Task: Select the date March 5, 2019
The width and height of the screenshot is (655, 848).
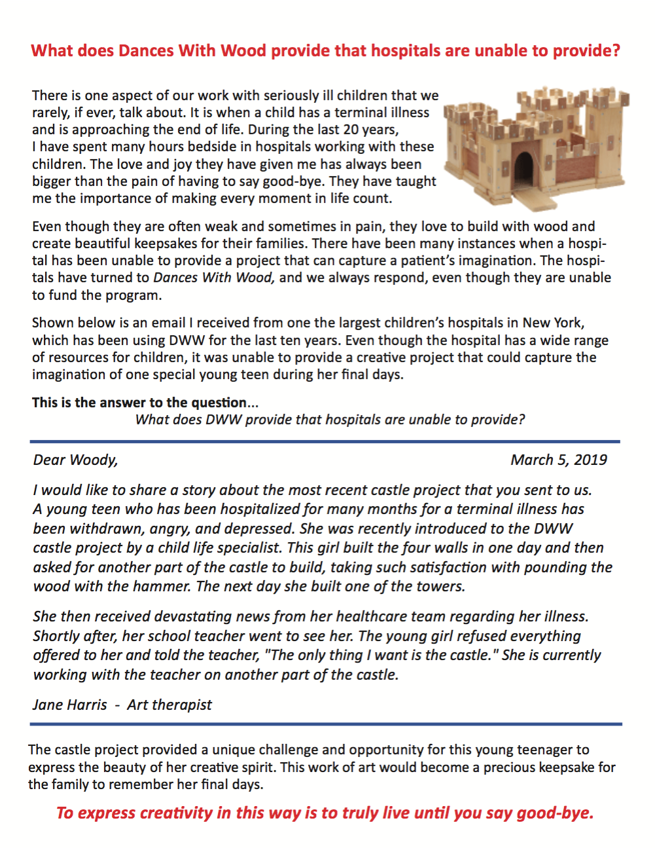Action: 559,460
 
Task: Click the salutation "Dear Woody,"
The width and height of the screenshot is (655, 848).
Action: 75,460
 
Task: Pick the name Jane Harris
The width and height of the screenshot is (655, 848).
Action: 70,705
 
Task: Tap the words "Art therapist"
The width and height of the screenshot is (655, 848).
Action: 169,705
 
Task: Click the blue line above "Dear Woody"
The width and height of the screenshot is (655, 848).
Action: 325,441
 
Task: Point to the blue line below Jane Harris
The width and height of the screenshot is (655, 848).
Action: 325,724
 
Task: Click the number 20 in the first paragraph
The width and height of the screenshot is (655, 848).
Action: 351,130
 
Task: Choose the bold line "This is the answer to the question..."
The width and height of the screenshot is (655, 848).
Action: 145,403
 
